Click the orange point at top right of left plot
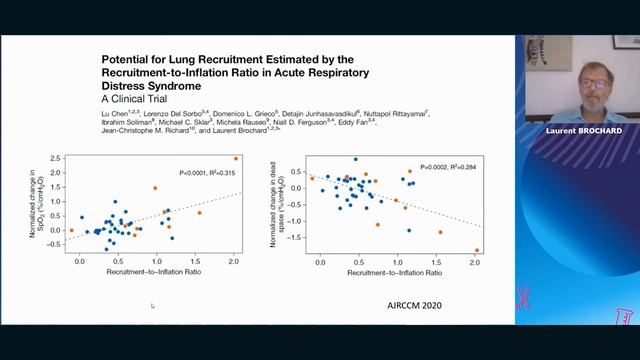point(236,158)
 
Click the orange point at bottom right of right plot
point(476,250)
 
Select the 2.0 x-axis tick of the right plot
point(474,261)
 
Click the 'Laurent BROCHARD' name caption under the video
point(577,131)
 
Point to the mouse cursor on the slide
point(152,306)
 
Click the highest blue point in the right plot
point(354,159)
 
